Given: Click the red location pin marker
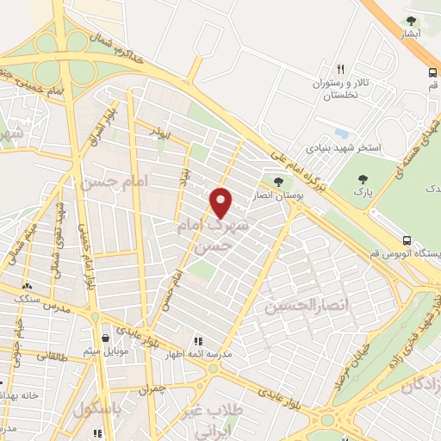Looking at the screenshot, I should (x=221, y=202).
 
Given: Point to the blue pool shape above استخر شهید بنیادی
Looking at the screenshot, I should (x=341, y=134).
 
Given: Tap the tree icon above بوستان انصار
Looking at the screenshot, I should (x=277, y=181).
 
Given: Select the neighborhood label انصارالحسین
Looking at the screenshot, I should (x=307, y=306).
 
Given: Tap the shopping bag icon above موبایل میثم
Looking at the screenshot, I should (x=105, y=337).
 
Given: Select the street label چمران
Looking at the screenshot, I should (x=149, y=389).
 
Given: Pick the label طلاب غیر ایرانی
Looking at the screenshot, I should (x=214, y=421).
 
